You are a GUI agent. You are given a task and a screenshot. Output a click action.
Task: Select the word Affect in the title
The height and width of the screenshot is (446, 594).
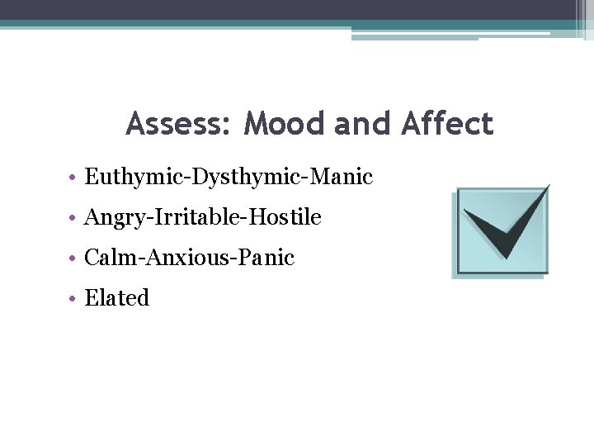click(x=447, y=124)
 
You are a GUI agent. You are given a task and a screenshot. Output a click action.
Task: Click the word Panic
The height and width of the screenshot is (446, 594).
click(x=266, y=258)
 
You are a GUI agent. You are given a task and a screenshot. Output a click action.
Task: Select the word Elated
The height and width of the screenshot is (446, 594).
click(x=117, y=298)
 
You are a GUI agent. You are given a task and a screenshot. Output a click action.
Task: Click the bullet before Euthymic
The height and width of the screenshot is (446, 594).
click(x=73, y=178)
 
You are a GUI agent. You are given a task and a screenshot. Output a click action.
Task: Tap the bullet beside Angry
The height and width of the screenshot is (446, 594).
click(x=73, y=218)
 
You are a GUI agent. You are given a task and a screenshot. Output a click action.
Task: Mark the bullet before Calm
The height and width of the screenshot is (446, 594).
click(x=73, y=259)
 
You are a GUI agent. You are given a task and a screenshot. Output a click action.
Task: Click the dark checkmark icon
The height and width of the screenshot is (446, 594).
click(x=503, y=227)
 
